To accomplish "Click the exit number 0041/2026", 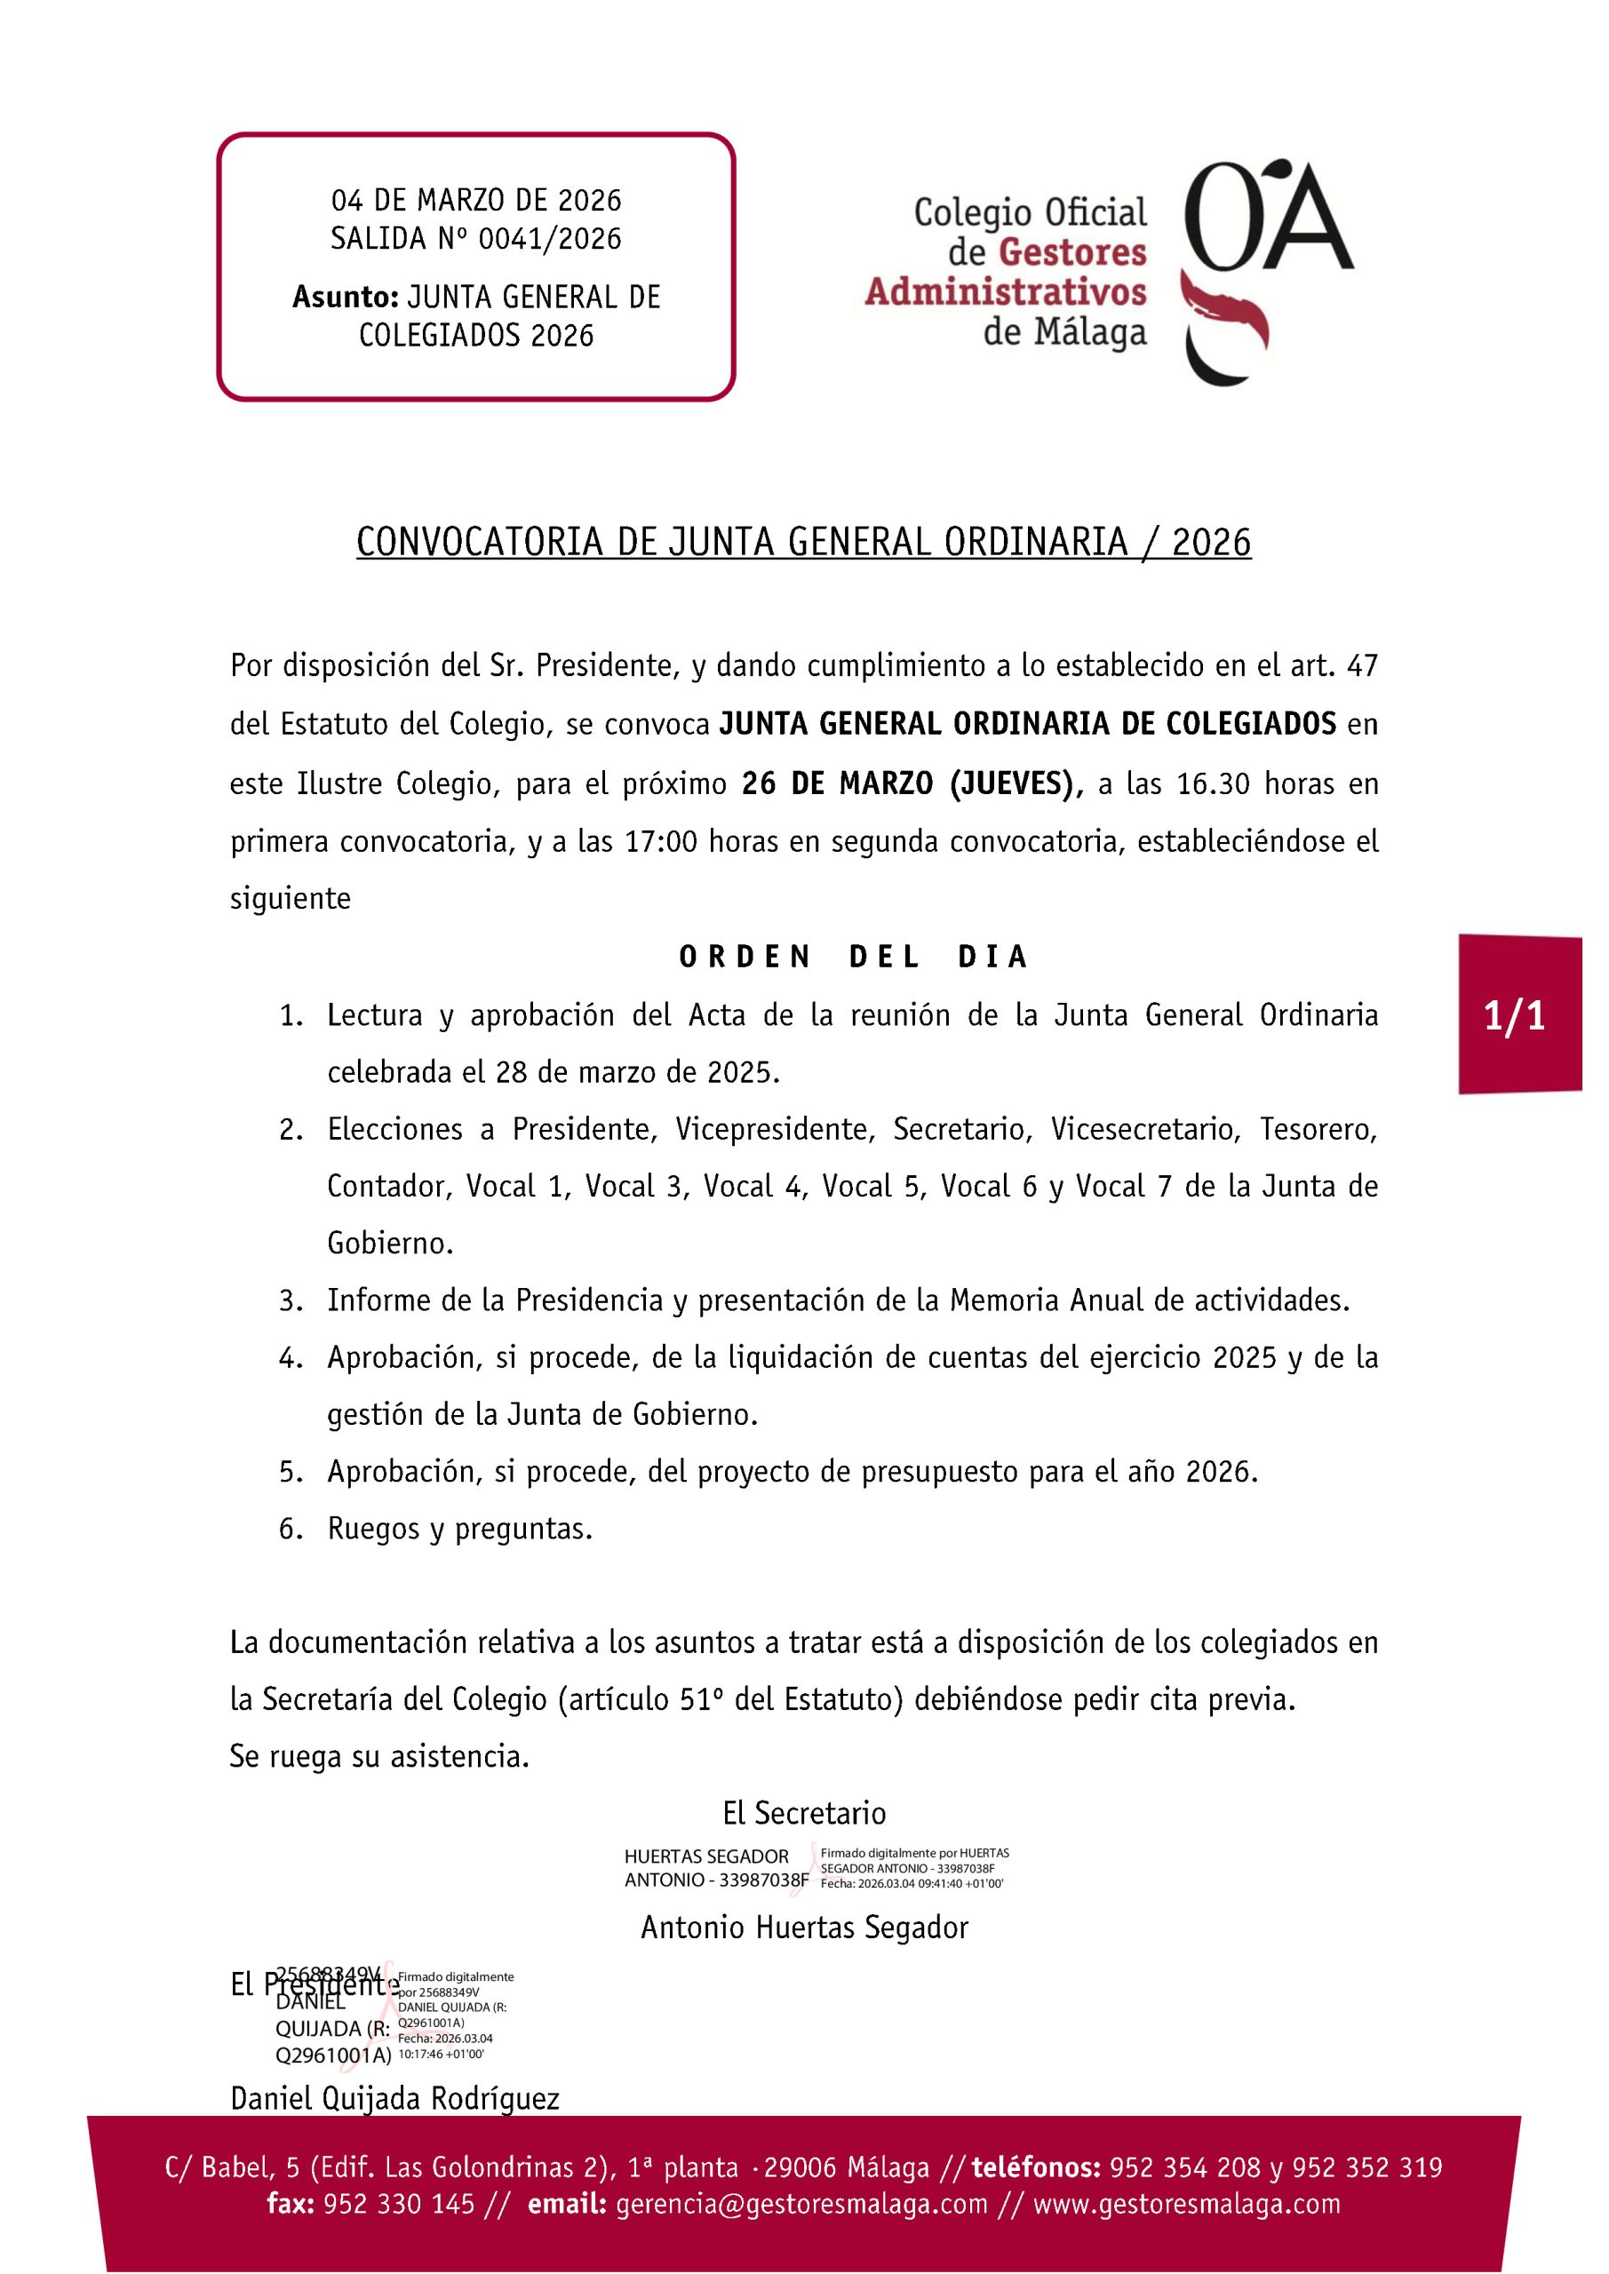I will (x=550, y=239).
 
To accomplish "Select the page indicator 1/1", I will (x=1515, y=1016).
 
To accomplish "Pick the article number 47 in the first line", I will (x=1363, y=665).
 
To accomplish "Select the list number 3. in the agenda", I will (x=291, y=1300).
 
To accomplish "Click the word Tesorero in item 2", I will (x=1318, y=1129).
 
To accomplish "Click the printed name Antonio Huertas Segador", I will (x=805, y=1928).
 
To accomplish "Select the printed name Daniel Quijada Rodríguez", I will (x=394, y=2099).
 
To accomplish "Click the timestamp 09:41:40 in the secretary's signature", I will (x=929, y=1883).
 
